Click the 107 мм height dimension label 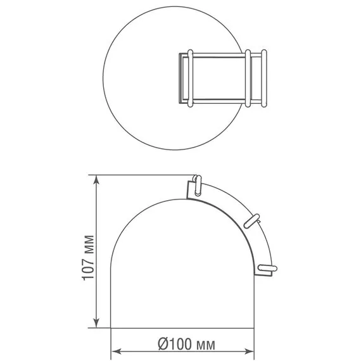(88, 258)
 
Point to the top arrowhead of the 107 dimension (96, 180)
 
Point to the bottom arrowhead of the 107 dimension (96, 324)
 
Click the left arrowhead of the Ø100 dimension (117, 352)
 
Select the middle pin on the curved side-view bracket (253, 219)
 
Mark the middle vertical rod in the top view (249, 77)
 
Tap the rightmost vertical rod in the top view (261, 77)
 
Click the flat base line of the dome (184, 329)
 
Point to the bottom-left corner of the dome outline (111, 329)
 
